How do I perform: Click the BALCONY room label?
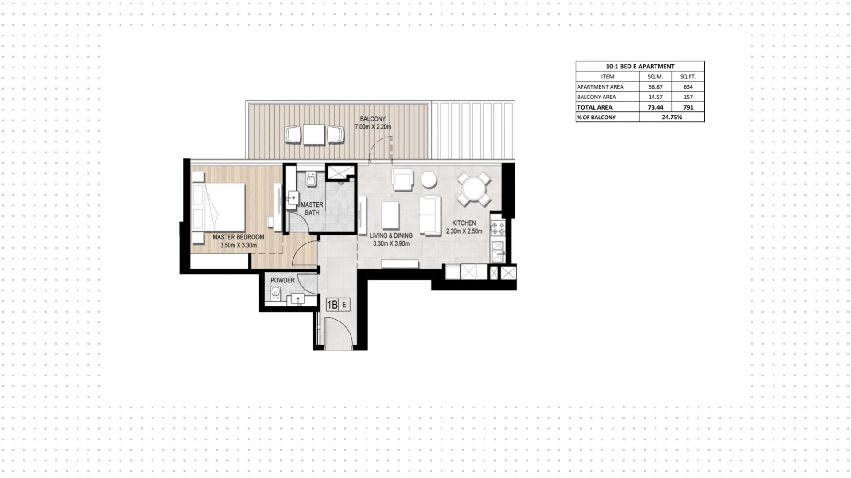coord(373,119)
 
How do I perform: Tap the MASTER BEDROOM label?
coord(238,237)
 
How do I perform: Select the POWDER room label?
coord(282,280)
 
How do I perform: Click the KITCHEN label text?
coord(464,223)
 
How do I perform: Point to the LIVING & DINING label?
coord(391,235)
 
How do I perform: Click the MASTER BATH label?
coord(312,208)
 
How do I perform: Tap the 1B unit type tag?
coord(332,305)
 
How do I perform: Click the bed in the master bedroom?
coord(219,207)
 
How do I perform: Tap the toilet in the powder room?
coord(275,293)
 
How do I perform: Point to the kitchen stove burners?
coord(498,228)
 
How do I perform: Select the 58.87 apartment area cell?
coord(655,87)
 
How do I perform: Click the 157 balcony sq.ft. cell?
coord(688,97)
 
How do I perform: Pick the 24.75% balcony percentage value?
coord(672,117)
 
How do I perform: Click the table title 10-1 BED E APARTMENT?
coord(640,66)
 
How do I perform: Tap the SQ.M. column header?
coord(655,77)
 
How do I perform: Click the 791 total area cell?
coord(688,107)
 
